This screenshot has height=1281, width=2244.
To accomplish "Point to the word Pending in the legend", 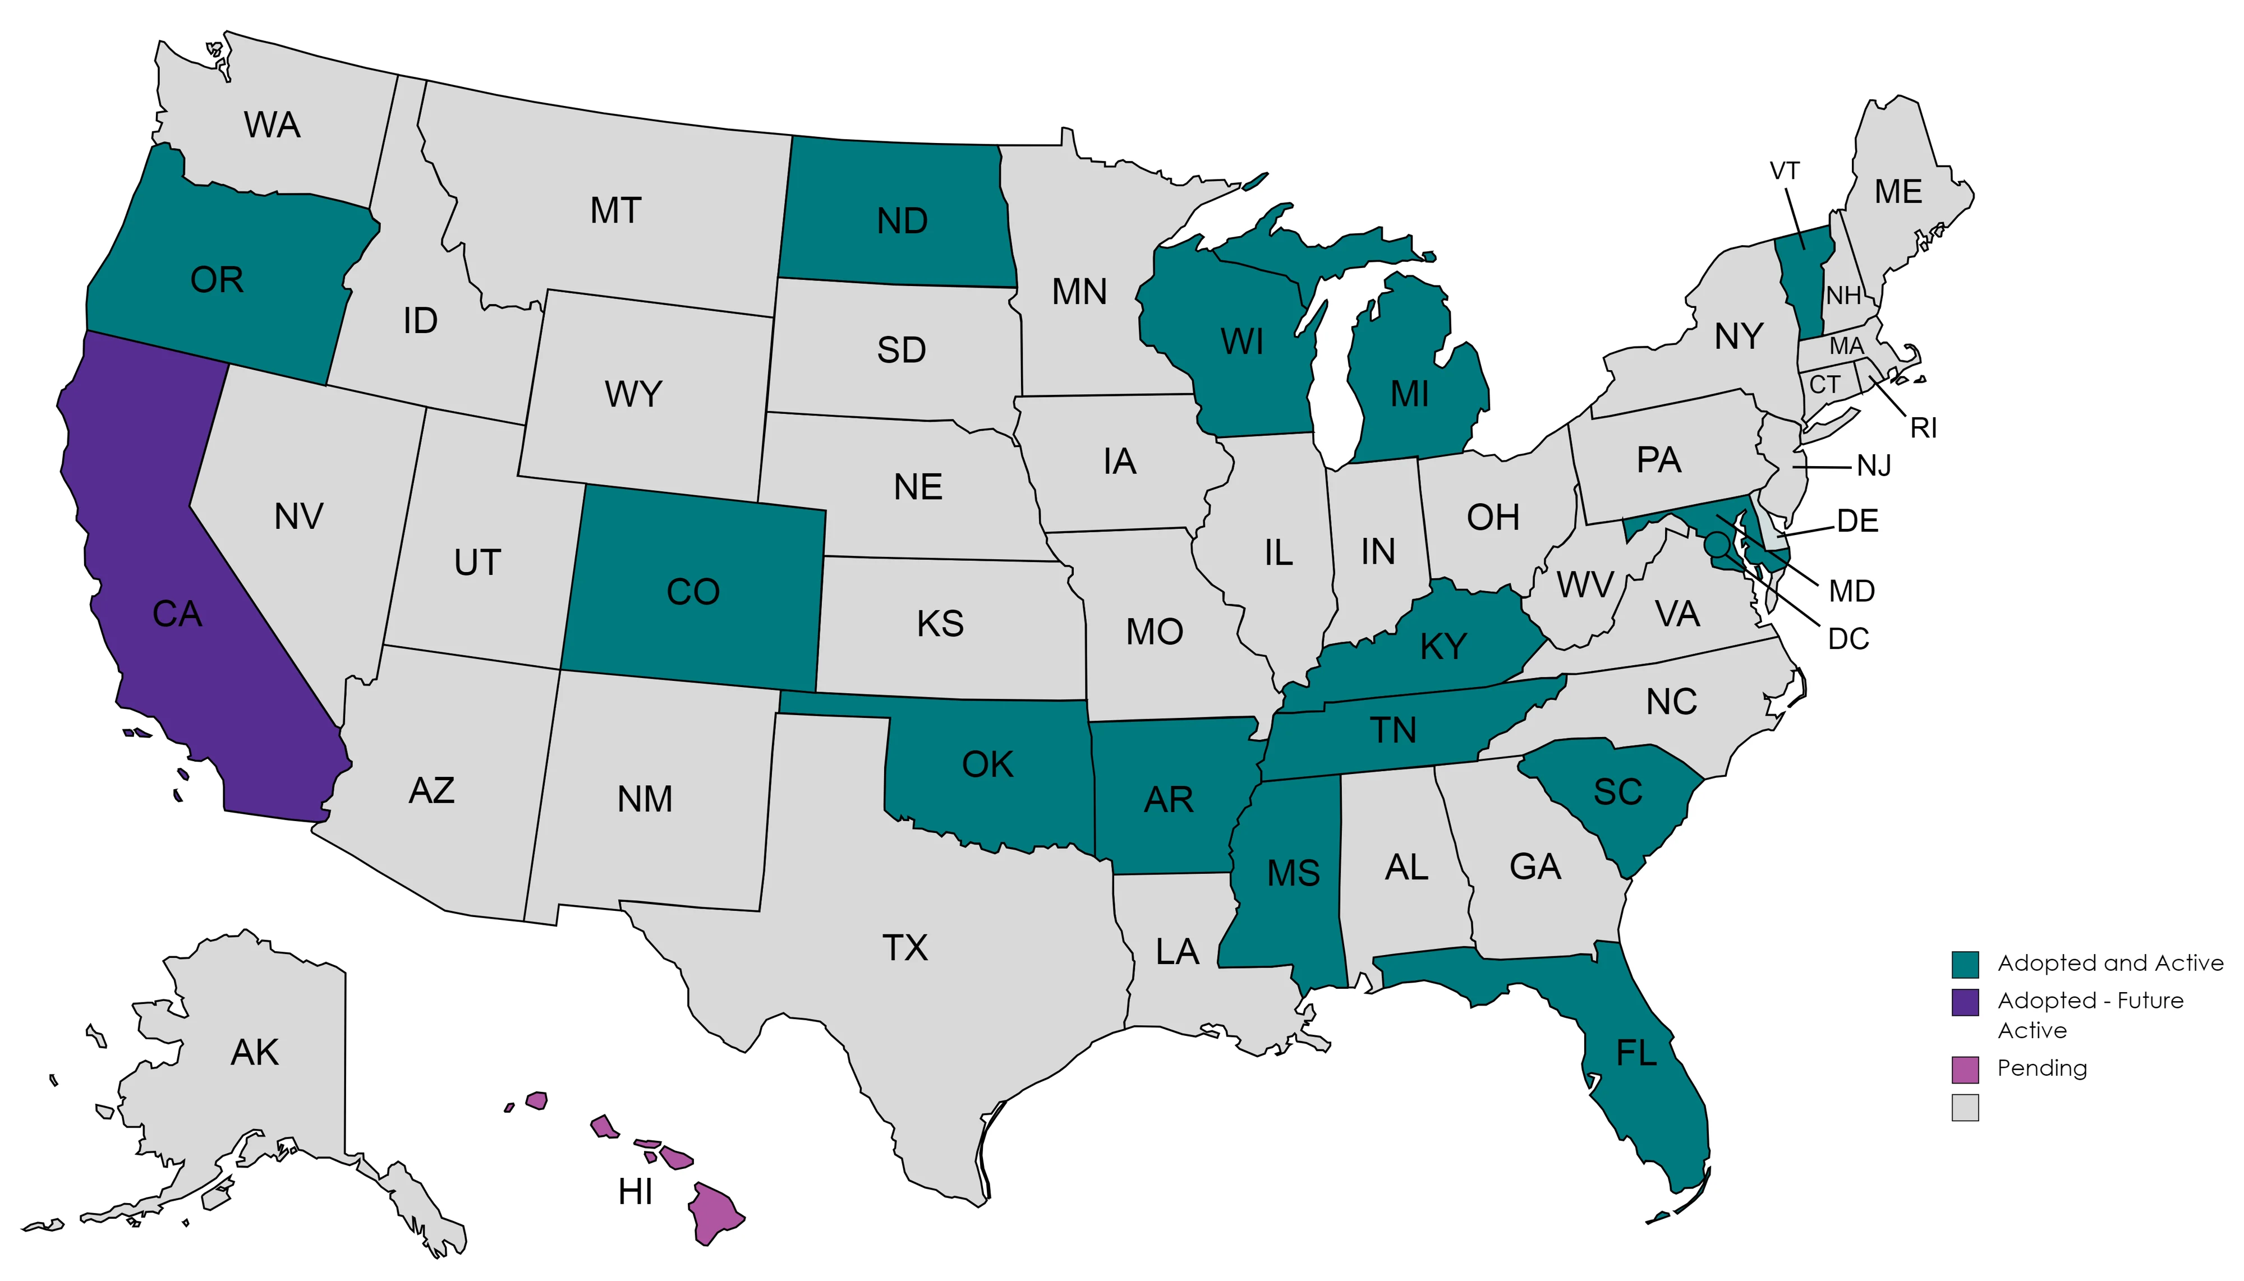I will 2041,1068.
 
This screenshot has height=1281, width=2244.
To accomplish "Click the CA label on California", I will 177,614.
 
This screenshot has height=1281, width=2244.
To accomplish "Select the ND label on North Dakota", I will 902,221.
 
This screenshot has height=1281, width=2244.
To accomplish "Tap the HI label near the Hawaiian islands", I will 634,1192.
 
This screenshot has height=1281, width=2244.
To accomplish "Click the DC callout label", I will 1848,639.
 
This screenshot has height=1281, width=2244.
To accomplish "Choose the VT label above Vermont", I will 1784,171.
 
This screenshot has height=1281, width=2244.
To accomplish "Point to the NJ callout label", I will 1874,466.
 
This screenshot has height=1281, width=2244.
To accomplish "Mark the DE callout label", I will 1857,521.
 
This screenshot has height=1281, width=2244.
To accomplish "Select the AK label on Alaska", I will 254,1052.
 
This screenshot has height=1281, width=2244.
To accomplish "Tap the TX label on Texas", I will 905,947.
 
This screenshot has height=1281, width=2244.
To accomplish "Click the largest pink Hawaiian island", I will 715,1213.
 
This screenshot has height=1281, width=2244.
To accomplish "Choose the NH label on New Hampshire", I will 1843,295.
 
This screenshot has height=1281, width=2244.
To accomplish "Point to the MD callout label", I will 1851,591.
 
